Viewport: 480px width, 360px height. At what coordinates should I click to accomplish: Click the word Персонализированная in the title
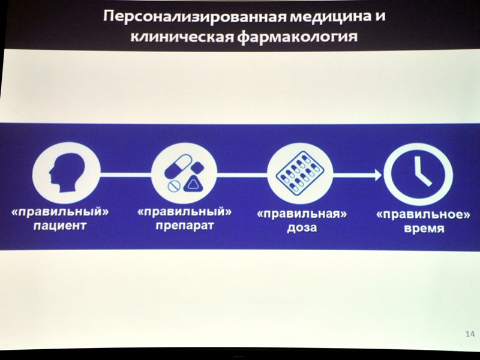(194, 16)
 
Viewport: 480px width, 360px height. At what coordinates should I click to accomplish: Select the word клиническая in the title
(182, 37)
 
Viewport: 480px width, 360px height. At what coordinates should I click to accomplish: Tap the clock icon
(418, 175)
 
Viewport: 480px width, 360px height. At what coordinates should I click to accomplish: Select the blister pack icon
(300, 173)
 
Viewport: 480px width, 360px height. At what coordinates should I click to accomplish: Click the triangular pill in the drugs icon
(193, 184)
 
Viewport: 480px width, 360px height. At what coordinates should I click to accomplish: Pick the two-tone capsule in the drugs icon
(178, 166)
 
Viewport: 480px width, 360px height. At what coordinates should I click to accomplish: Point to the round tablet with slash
(173, 186)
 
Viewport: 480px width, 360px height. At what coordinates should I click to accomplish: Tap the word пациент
(61, 226)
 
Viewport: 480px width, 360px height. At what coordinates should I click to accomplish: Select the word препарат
(185, 226)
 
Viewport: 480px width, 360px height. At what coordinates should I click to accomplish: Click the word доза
(302, 228)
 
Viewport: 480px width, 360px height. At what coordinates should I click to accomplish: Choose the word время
(424, 229)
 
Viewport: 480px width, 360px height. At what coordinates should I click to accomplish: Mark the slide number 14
(470, 334)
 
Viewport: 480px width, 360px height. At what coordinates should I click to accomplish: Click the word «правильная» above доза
(302, 214)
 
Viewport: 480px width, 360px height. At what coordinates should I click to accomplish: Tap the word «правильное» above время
(423, 214)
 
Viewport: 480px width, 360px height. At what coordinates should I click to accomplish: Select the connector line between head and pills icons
(126, 175)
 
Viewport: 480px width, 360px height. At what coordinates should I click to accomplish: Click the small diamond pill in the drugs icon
(197, 168)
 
